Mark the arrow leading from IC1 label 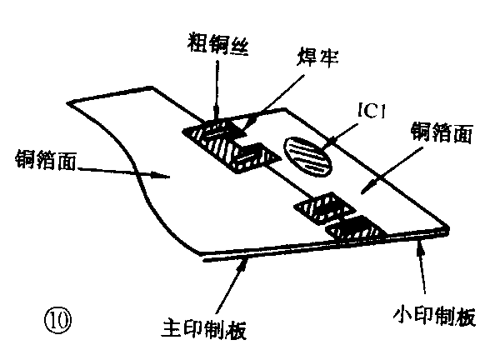(342, 130)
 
